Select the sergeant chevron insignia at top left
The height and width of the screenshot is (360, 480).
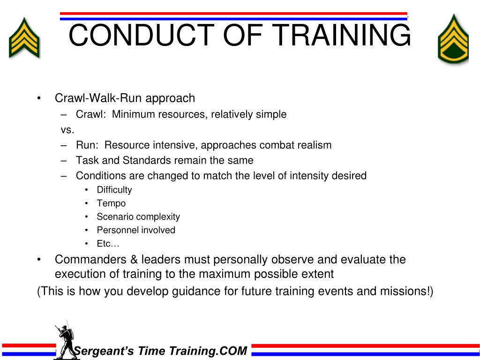pos(24,38)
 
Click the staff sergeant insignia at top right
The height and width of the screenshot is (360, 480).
pos(453,39)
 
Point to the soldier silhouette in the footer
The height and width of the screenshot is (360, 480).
pos(66,342)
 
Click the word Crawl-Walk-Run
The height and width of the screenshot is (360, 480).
pos(98,98)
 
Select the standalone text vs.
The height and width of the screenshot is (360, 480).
pos(67,130)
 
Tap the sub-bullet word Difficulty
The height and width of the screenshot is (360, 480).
pos(114,190)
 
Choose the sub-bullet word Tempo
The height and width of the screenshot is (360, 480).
pos(111,203)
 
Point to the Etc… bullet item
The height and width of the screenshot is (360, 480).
pos(108,243)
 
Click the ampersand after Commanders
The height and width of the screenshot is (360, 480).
pos(134,260)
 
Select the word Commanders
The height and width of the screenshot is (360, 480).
pos(90,260)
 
